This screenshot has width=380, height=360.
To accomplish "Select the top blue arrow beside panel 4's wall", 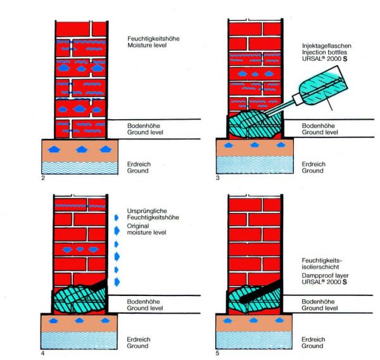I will [x=115, y=226].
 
